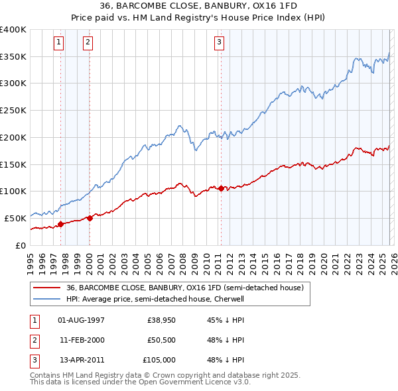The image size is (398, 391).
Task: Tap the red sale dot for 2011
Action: tap(220, 188)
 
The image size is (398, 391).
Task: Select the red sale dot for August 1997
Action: tap(60, 224)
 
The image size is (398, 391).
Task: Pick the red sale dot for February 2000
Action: tap(90, 218)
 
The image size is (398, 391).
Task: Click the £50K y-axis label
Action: tap(15, 218)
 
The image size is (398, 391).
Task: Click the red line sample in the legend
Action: tap(47, 288)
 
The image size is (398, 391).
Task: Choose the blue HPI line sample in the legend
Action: tap(47, 299)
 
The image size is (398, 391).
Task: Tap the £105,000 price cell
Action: tap(160, 360)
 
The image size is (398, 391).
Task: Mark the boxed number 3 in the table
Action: tap(33, 360)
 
